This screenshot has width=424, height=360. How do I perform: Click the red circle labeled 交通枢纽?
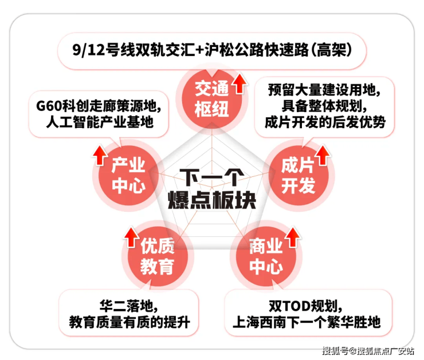(x=212, y=99)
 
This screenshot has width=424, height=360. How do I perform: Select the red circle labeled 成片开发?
(x=299, y=176)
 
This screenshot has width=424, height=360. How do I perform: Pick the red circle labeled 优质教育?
(x=158, y=256)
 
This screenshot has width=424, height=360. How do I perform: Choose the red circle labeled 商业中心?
(x=266, y=256)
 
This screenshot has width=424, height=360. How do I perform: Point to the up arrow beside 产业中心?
(x=100, y=155)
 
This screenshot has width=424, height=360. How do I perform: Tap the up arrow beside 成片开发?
(x=323, y=155)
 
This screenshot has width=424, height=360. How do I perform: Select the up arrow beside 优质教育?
(x=131, y=237)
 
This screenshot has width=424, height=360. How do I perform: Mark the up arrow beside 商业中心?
(x=293, y=237)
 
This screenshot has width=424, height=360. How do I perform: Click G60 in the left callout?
(x=49, y=106)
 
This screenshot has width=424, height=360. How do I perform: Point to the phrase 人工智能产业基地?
(x=100, y=122)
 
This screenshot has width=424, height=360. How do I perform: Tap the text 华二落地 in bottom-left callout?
(x=126, y=306)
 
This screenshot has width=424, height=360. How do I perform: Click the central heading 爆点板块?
(x=212, y=200)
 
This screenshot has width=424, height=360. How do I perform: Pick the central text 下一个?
(x=212, y=177)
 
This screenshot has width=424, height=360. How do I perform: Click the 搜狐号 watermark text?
(x=335, y=351)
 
